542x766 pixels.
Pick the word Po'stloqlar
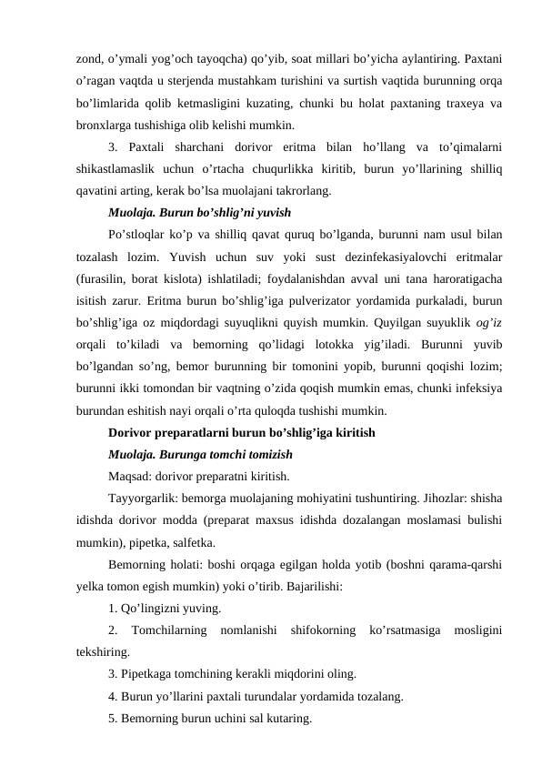pos(137,237)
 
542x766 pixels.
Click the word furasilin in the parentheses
pos(106,280)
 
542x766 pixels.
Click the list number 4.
pos(111,697)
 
